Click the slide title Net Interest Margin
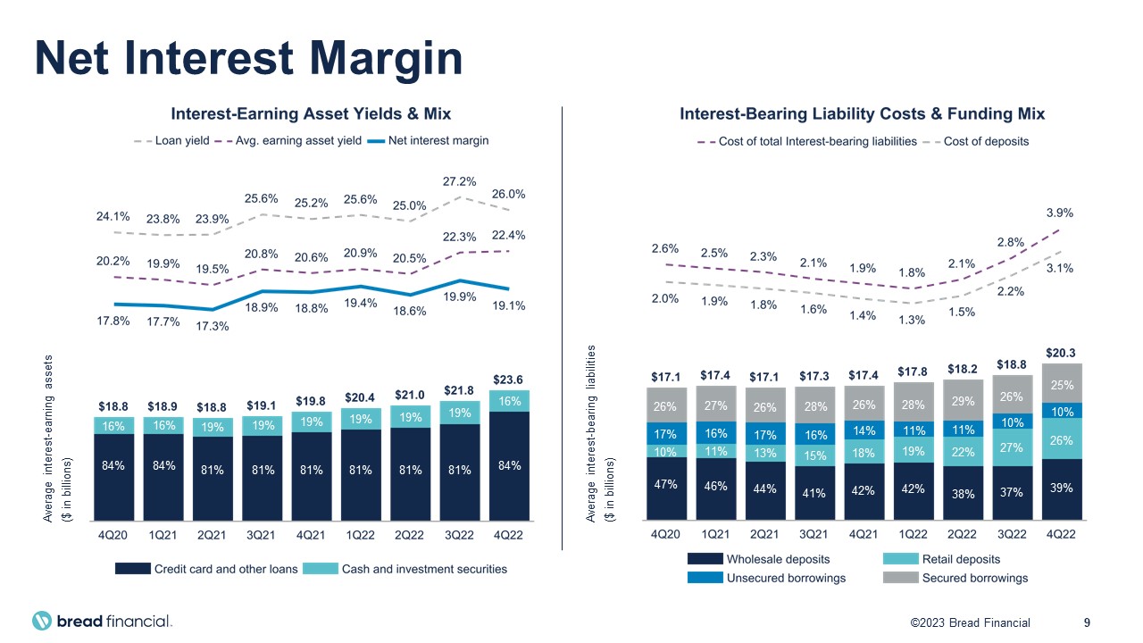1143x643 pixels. click(248, 58)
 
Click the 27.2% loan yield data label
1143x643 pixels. click(459, 180)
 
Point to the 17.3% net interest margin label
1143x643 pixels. click(213, 326)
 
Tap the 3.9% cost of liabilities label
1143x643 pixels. click(1059, 213)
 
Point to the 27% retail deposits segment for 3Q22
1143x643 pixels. click(1012, 447)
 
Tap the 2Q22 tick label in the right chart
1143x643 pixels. click(962, 535)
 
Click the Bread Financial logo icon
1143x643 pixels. click(43, 622)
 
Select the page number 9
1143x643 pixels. click(1087, 622)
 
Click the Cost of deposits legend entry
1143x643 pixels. click(986, 141)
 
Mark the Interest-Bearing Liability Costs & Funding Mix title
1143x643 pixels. click(862, 114)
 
